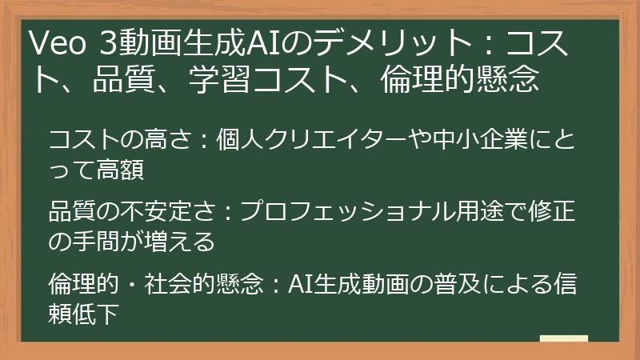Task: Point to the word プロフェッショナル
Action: pyautogui.click(x=349, y=213)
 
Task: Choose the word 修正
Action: pyautogui.click(x=553, y=213)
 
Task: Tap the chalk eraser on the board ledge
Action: pyautogui.click(x=563, y=339)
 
